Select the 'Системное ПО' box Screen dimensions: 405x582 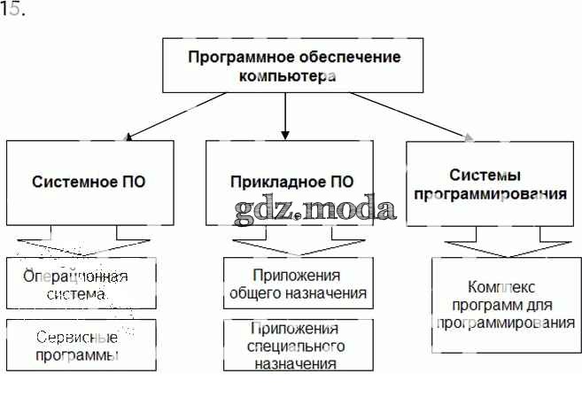pyautogui.click(x=89, y=183)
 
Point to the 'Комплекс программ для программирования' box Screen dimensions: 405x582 pyautogui.click(x=506, y=306)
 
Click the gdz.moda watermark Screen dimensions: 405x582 pyautogui.click(x=315, y=209)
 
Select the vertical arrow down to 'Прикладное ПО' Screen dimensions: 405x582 pyautogui.click(x=284, y=115)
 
